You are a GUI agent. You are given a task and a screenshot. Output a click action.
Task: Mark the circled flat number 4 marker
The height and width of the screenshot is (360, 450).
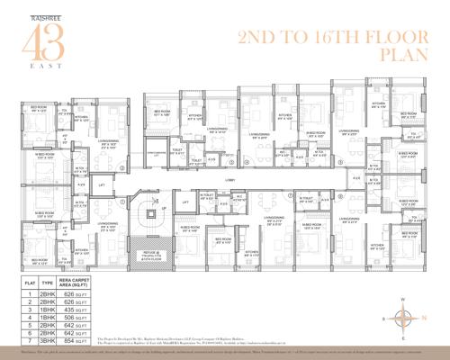click(x=245, y=163)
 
